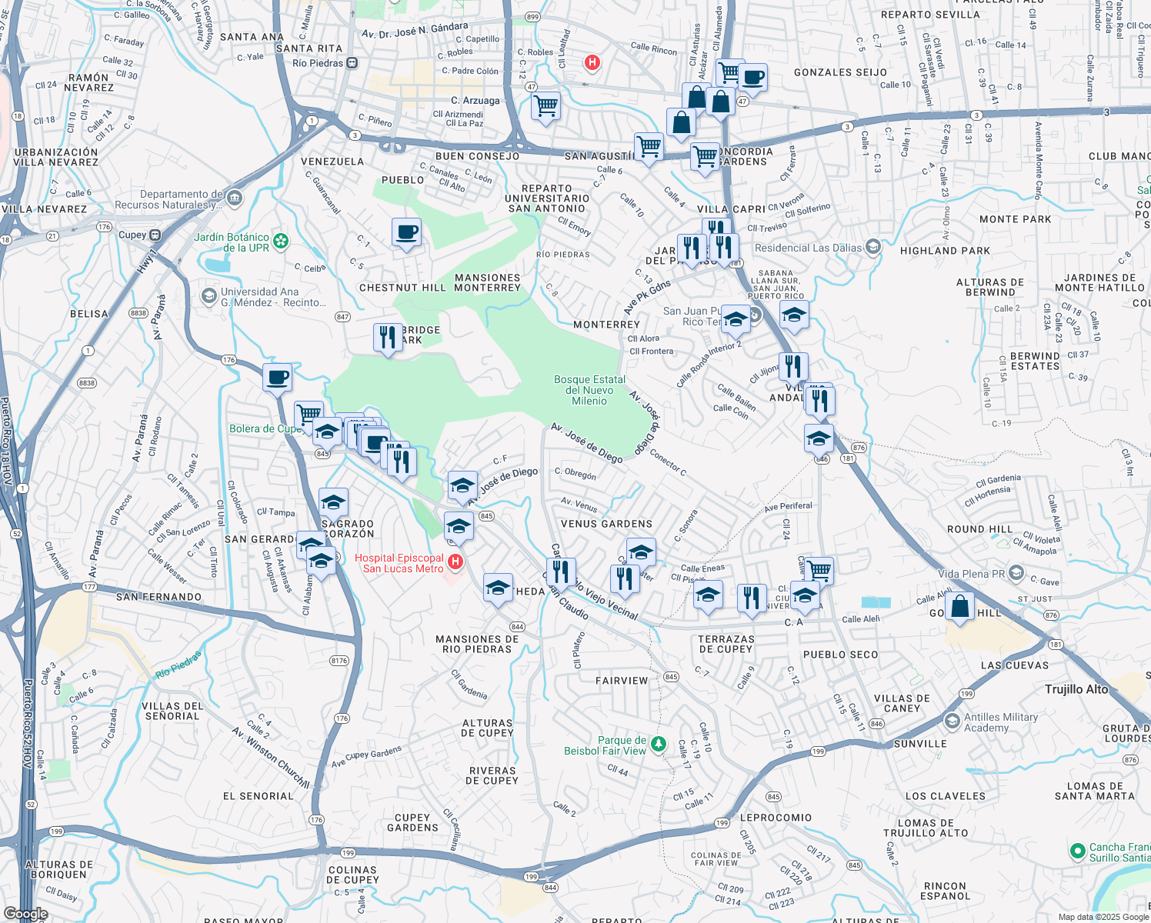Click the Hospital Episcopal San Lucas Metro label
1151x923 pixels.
399,563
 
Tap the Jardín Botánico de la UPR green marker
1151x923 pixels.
281,242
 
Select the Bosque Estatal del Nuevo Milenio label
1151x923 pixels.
589,390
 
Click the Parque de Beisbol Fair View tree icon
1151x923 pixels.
658,744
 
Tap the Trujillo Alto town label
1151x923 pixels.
1076,689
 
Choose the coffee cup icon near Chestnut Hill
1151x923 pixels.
406,232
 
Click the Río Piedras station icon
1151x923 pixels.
352,63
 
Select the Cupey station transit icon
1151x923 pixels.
155,235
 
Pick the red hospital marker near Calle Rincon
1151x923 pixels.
592,62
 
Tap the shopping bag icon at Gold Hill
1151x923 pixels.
960,606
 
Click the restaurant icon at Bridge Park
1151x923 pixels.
388,337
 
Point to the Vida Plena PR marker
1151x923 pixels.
1016,573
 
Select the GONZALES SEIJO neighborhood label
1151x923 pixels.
840,72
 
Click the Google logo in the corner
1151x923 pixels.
25,914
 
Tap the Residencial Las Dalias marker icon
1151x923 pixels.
872,247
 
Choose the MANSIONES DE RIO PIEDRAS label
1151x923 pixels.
477,644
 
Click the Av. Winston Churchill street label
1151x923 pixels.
271,758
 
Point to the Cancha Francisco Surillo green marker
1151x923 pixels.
1078,851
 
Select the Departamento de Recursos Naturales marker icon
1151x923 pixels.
235,199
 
